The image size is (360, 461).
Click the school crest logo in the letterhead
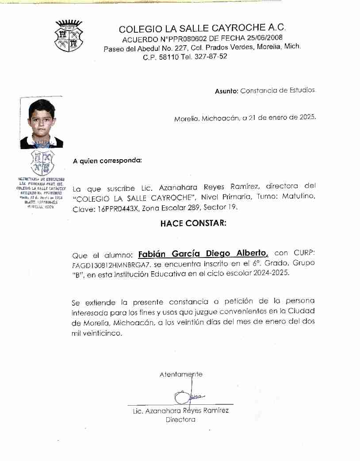[69, 36]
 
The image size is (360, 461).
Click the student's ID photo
[42, 123]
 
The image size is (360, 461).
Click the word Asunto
[226, 91]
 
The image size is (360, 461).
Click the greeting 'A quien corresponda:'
[107, 161]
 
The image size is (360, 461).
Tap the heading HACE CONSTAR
[193, 223]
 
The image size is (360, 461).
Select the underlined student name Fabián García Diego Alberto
[203, 254]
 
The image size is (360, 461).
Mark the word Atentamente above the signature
[181, 374]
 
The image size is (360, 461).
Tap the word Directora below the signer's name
[180, 419]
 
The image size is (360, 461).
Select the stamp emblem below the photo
[43, 163]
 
